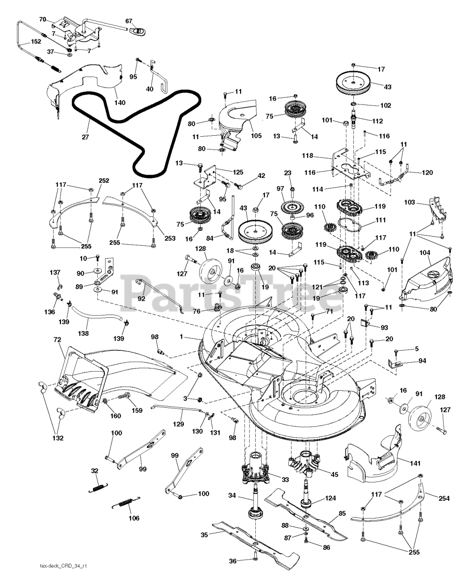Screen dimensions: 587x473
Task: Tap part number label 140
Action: coord(120,102)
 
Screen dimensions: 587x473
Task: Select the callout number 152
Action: coord(36,42)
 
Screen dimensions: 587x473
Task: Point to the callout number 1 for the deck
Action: coord(181,337)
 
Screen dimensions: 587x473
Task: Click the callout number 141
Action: coord(415,464)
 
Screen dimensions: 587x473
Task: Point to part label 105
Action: coord(256,135)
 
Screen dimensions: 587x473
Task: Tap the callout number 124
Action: coord(330,498)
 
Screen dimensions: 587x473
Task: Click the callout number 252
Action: coord(104,181)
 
